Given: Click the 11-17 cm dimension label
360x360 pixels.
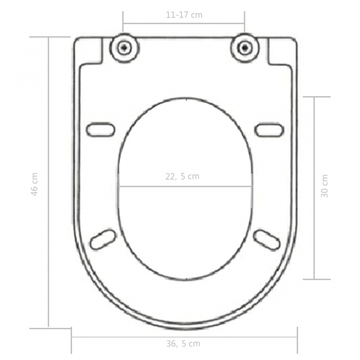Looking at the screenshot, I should click(x=184, y=15).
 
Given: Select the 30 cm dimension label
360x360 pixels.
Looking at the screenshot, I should click(x=325, y=186).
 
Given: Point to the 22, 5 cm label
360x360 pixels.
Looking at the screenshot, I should click(x=182, y=176).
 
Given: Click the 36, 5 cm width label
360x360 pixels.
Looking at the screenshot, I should click(x=183, y=344).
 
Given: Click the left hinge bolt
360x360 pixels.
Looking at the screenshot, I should click(x=124, y=47).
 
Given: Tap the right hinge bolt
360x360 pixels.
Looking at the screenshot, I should click(x=244, y=47).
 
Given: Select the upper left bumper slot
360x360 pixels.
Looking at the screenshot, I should click(x=101, y=130).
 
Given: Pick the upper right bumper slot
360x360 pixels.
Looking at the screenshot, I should click(x=269, y=130).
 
